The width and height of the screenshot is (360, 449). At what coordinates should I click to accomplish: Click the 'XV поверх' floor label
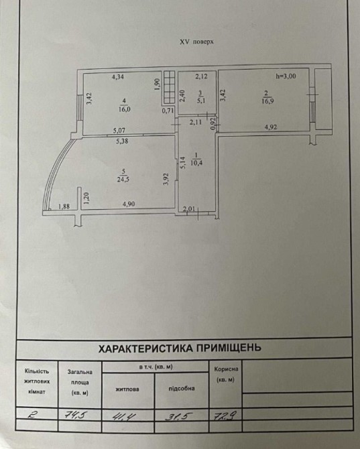pos(196,42)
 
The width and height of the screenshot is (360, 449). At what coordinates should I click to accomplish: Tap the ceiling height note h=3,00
pos(286,76)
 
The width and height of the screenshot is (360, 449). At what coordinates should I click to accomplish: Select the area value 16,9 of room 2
pos(267,101)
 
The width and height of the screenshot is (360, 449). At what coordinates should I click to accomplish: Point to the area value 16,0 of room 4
pos(124,109)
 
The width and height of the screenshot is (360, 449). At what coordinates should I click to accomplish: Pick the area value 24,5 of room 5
pos(123,180)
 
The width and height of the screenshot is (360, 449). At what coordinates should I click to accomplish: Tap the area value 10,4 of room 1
pos(196,164)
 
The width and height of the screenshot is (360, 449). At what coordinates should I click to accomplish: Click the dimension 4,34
pos(118,77)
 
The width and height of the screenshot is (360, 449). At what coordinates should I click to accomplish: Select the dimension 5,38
pos(122,141)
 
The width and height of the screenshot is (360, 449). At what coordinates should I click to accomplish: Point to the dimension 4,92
pos(271,127)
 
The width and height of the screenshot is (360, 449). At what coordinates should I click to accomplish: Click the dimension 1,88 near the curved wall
pos(64,206)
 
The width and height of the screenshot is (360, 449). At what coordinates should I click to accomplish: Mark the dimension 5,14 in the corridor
pos(183,162)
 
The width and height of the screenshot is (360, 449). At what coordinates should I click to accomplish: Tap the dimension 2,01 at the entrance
pos(189,208)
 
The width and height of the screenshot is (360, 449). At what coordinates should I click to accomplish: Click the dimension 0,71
pos(168,111)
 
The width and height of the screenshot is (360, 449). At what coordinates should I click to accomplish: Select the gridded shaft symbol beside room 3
pos(169,87)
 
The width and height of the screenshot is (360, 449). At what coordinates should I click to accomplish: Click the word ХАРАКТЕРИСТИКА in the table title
pos(145,348)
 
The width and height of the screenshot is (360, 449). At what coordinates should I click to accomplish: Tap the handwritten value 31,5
pos(176,416)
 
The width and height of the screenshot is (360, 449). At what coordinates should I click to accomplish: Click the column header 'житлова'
pos(127,389)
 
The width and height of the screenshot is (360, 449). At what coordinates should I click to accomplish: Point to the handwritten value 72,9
pos(225,415)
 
